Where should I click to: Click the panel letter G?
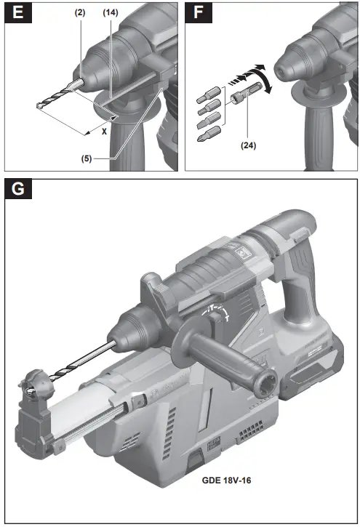20,191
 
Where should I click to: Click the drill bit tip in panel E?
39,106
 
